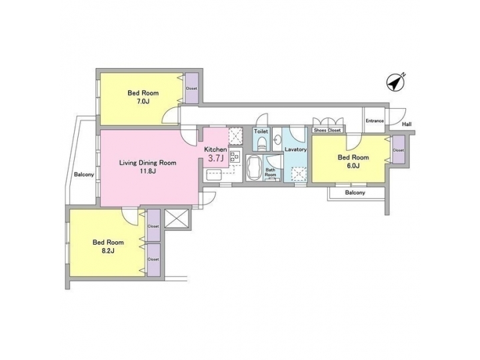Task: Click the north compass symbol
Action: click(397, 83)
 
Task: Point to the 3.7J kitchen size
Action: click(215, 159)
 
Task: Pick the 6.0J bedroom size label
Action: click(353, 166)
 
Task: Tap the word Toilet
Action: click(261, 132)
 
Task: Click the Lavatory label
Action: click(295, 150)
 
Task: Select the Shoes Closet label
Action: click(328, 130)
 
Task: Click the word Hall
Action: click(406, 125)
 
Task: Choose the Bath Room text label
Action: click(271, 172)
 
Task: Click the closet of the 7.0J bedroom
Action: click(191, 88)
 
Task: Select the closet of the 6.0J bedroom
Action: click(398, 151)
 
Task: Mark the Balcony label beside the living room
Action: click(83, 175)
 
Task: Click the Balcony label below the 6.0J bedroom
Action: click(355, 193)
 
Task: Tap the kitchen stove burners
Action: click(234, 157)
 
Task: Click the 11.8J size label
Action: click(147, 171)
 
